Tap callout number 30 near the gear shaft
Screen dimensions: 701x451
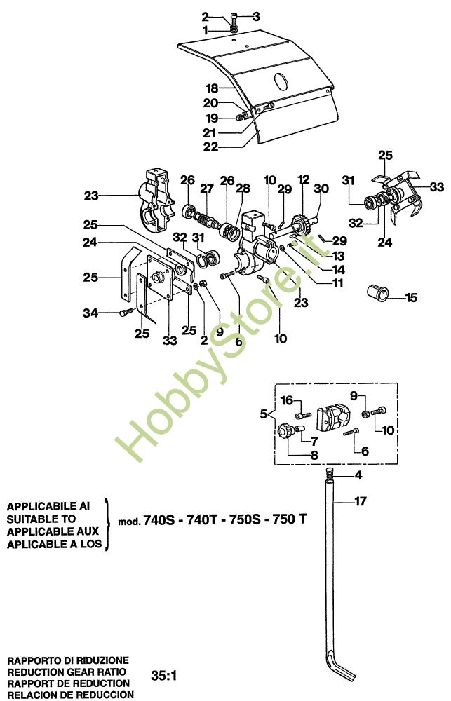[x=321, y=189]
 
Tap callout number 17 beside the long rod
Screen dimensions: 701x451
[x=358, y=501]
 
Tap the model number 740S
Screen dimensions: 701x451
[x=159, y=520]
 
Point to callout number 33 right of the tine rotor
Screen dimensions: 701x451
[x=437, y=187]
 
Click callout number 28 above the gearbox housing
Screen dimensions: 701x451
[x=243, y=189]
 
